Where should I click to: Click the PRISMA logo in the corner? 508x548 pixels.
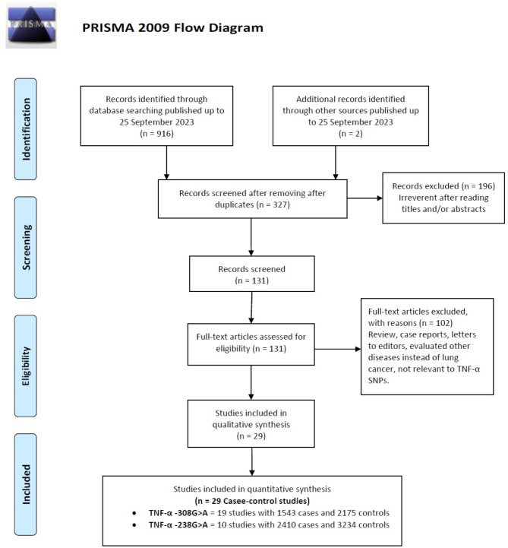[31, 28]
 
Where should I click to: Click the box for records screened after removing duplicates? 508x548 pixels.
[249, 198]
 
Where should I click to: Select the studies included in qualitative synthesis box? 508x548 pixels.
[250, 424]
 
